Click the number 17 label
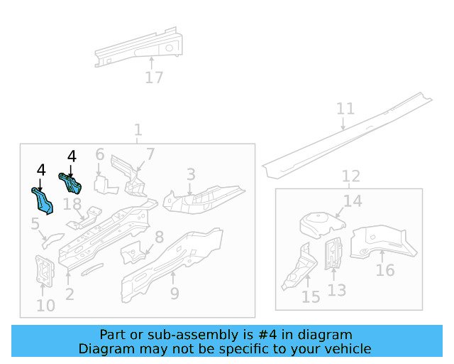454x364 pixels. pos(154,77)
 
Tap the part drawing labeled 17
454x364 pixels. pos(138,48)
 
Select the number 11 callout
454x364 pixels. pos(345,109)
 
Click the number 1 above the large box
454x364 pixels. pos(138,130)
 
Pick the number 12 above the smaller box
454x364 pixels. pos(350,176)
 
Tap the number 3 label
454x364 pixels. pos(191,174)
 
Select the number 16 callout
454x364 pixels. pos(385,270)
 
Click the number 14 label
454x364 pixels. pos(353,201)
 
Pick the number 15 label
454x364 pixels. pos(311,296)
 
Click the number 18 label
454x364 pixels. pos(72,205)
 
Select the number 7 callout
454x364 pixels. pos(150,154)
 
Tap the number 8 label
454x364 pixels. pos(159,237)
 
